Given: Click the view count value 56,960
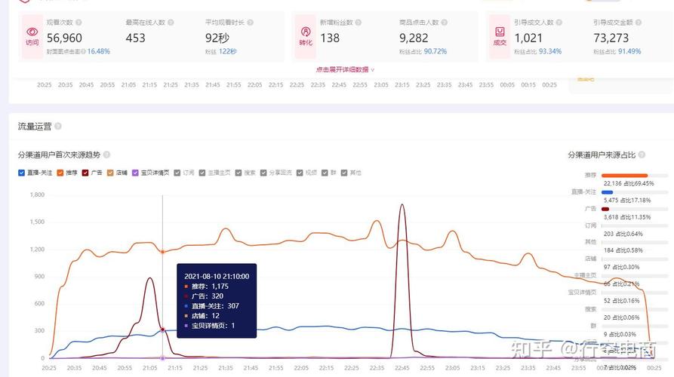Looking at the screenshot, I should (64, 38).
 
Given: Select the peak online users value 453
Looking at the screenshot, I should (136, 38).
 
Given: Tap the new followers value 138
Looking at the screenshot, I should (330, 38).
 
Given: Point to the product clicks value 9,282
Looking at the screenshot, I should (414, 38).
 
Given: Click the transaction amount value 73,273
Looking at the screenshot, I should (611, 38).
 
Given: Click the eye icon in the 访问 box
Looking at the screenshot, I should (32, 32).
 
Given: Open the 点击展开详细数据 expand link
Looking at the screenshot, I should (345, 69).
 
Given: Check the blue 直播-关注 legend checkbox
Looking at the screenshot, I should (22, 173).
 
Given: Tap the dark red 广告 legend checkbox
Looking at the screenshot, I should (85, 173).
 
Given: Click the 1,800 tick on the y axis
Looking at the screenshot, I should (37, 195).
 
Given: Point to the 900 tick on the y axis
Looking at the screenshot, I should (39, 277).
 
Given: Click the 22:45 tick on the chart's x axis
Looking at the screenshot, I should (402, 367).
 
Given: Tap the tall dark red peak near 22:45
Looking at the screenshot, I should (402, 206).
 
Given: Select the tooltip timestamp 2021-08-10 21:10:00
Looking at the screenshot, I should (217, 276).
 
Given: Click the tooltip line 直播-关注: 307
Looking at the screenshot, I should (214, 305).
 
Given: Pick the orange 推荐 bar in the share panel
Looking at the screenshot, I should (624, 175).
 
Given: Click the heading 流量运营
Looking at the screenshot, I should (35, 126).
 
